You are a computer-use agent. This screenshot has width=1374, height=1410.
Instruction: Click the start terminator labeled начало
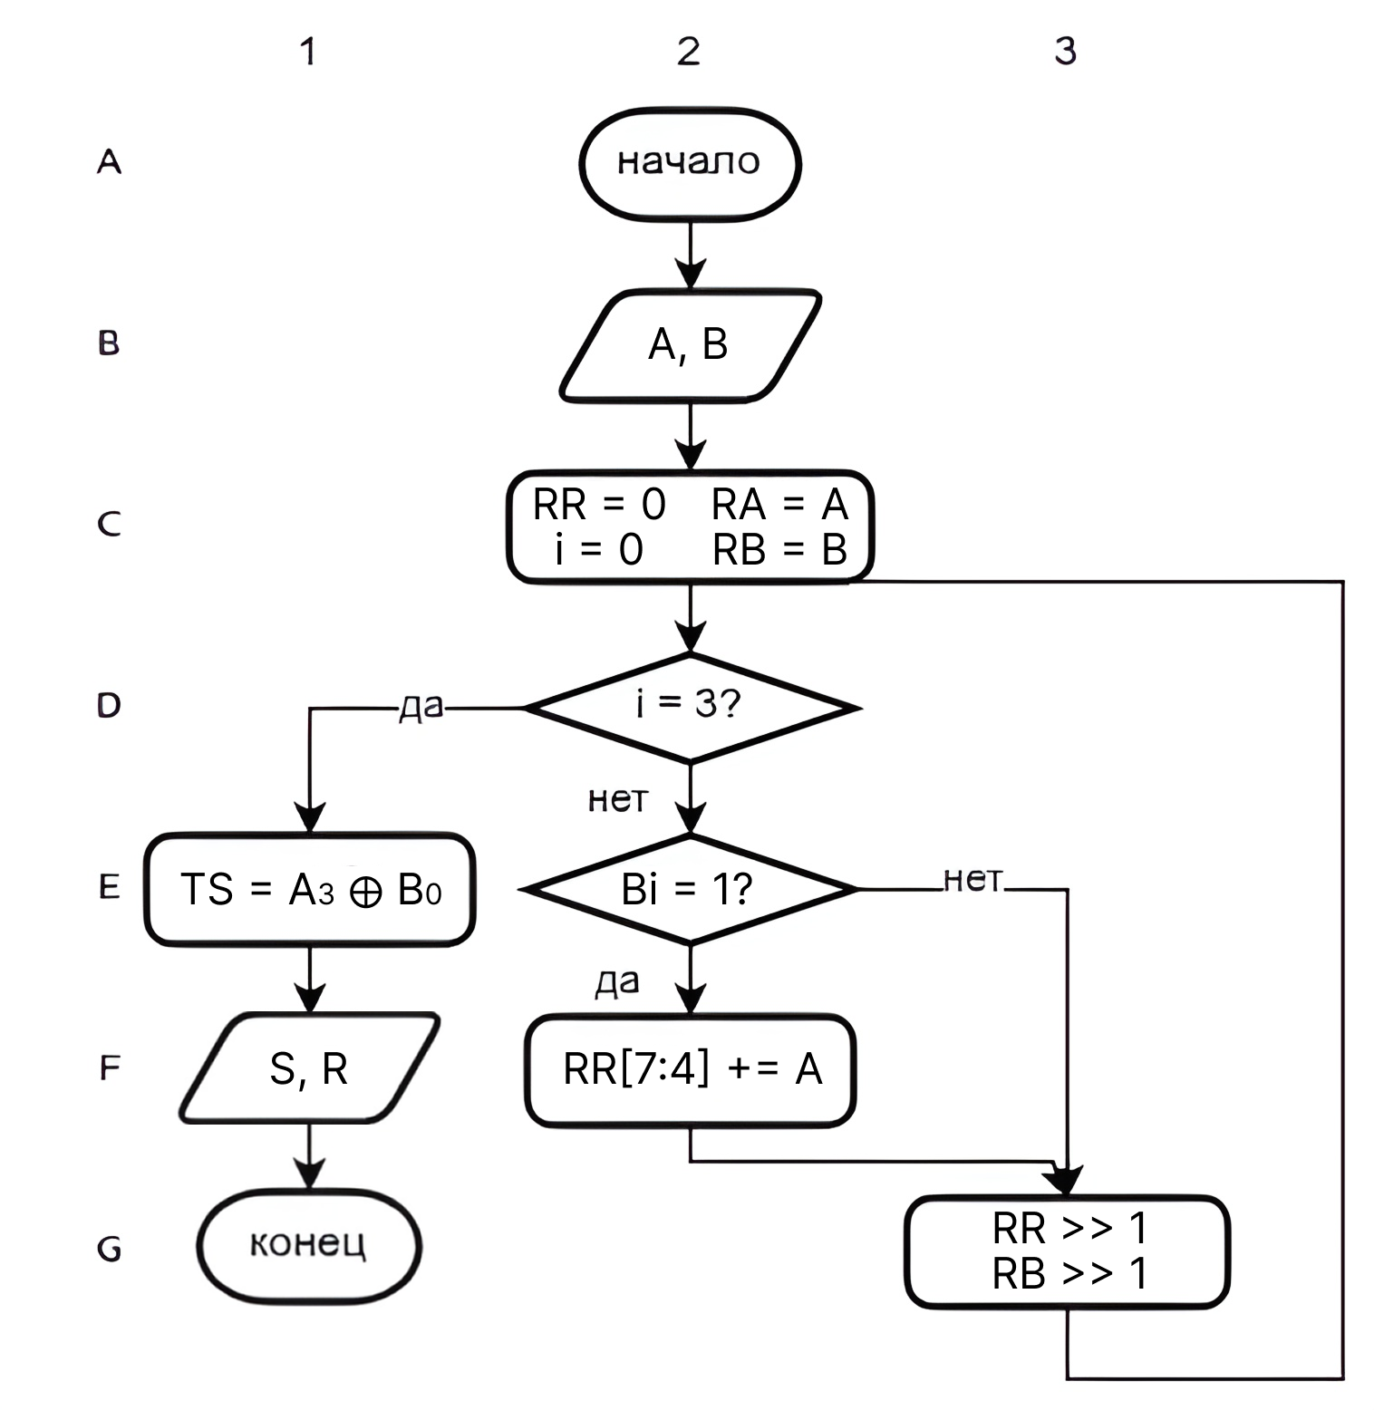coord(690,163)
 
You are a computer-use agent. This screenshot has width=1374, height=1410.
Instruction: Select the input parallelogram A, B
coord(690,344)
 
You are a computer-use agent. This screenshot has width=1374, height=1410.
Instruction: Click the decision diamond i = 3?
coord(690,706)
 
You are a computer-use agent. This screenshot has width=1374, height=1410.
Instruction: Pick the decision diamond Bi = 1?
coord(690,889)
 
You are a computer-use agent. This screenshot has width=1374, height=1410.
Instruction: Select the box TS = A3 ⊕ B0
coord(310,889)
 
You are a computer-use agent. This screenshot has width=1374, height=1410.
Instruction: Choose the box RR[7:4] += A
coord(691,1069)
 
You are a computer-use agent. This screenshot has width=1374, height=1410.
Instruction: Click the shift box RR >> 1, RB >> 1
coord(1068,1251)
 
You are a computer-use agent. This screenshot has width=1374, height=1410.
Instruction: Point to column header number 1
coord(308,52)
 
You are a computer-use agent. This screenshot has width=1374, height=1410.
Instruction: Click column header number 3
coord(1066,51)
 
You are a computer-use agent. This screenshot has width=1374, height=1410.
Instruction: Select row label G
coord(109,1250)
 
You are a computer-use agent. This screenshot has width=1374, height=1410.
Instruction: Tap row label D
coord(109,705)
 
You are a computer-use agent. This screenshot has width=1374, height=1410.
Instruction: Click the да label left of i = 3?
coord(421,708)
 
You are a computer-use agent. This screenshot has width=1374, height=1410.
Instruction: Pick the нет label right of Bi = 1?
coord(973,879)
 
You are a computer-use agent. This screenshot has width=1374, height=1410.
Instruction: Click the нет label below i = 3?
coord(618,799)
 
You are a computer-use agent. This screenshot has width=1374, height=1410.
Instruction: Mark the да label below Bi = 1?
coord(617,982)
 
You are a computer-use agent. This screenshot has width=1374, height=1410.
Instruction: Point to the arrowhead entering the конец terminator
coord(310,1175)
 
